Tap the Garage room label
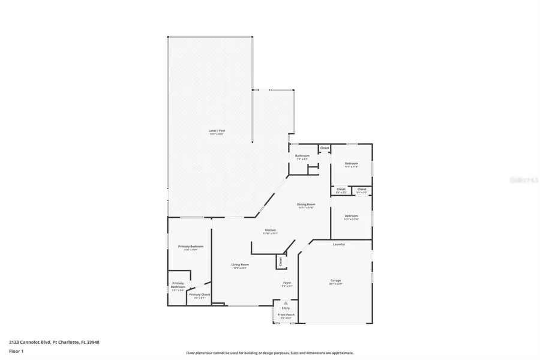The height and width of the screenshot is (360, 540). point(335,280)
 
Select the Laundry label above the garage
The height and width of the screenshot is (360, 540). point(338,244)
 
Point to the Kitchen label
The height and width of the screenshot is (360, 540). point(271,230)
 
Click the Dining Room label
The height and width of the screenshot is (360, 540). point(306,205)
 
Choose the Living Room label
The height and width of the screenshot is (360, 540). point(241,265)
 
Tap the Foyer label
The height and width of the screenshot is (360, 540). point(287,283)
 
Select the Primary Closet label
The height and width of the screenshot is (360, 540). point(199,295)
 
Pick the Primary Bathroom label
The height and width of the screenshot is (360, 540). point(178,285)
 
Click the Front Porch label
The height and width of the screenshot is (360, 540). point(286,314)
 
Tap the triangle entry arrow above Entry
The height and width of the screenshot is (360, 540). point(286,304)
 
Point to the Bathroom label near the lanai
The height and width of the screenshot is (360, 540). point(302,156)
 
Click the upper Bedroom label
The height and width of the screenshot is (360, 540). point(351,164)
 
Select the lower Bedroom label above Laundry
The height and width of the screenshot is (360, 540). point(351,216)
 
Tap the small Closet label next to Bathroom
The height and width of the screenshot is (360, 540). point(324,148)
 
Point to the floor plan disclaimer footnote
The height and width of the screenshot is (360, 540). point(270,353)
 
